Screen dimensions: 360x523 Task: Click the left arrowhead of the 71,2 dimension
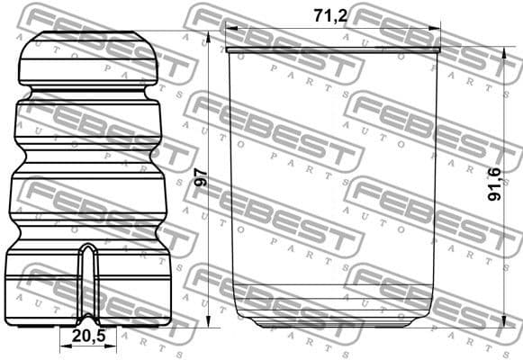click(229, 28)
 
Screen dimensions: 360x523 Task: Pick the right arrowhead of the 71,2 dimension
click(438, 28)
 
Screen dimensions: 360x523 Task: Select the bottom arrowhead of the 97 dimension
click(208, 323)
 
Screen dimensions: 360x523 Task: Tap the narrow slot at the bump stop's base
click(87, 279)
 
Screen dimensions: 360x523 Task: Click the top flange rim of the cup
click(333, 49)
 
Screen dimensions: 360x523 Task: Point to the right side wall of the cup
click(437, 180)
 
